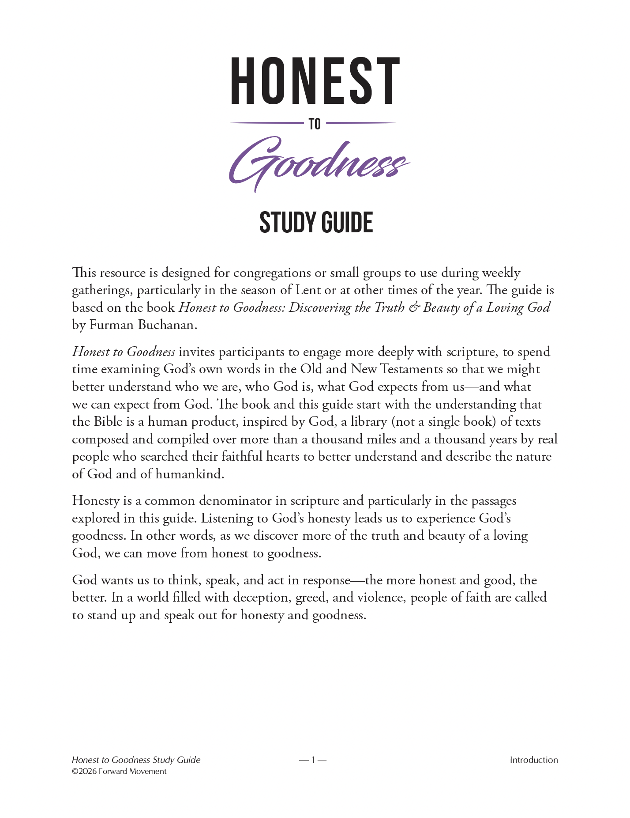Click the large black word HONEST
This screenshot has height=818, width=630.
tap(315, 81)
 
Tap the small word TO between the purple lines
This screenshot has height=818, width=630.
tap(315, 124)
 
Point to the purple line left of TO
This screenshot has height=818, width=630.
tap(266, 123)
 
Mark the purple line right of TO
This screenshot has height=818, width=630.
tap(361, 123)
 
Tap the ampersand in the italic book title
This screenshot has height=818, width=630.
tap(414, 308)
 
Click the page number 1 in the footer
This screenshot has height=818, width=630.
tap(313, 760)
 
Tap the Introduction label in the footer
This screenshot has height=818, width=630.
tap(533, 760)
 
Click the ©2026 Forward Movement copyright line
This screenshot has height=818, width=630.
tap(119, 772)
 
